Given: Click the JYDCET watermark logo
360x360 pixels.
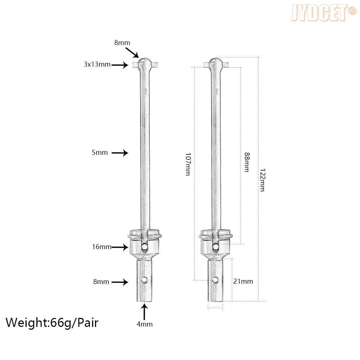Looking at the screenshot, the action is click(x=323, y=13).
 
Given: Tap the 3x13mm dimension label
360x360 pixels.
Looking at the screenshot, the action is click(x=97, y=64).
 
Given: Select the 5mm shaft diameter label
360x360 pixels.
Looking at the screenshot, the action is click(x=100, y=152).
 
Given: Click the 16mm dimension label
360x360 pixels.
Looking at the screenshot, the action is click(x=102, y=247).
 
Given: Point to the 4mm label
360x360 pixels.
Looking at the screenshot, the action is click(x=144, y=324).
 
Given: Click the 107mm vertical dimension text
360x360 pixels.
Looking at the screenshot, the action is click(x=188, y=164).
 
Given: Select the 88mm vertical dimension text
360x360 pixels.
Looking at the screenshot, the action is click(x=247, y=162).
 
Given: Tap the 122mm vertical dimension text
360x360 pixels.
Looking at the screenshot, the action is click(x=262, y=180).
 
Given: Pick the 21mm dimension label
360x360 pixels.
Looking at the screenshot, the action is click(x=243, y=281).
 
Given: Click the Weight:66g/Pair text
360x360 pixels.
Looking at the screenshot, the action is click(x=52, y=323).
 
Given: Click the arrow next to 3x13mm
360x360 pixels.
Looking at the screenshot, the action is click(x=120, y=65).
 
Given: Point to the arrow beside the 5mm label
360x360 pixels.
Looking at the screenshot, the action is click(x=120, y=153).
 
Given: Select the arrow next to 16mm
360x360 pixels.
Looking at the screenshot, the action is click(x=120, y=247).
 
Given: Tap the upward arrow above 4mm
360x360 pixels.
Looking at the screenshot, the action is click(x=144, y=312).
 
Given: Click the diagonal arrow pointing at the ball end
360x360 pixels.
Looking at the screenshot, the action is click(x=132, y=53).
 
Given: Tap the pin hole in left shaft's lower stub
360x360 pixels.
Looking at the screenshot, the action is click(x=144, y=280).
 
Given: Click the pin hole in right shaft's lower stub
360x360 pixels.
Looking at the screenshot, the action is click(x=215, y=280).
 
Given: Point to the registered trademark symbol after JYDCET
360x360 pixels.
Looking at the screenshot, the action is click(x=352, y=11).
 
